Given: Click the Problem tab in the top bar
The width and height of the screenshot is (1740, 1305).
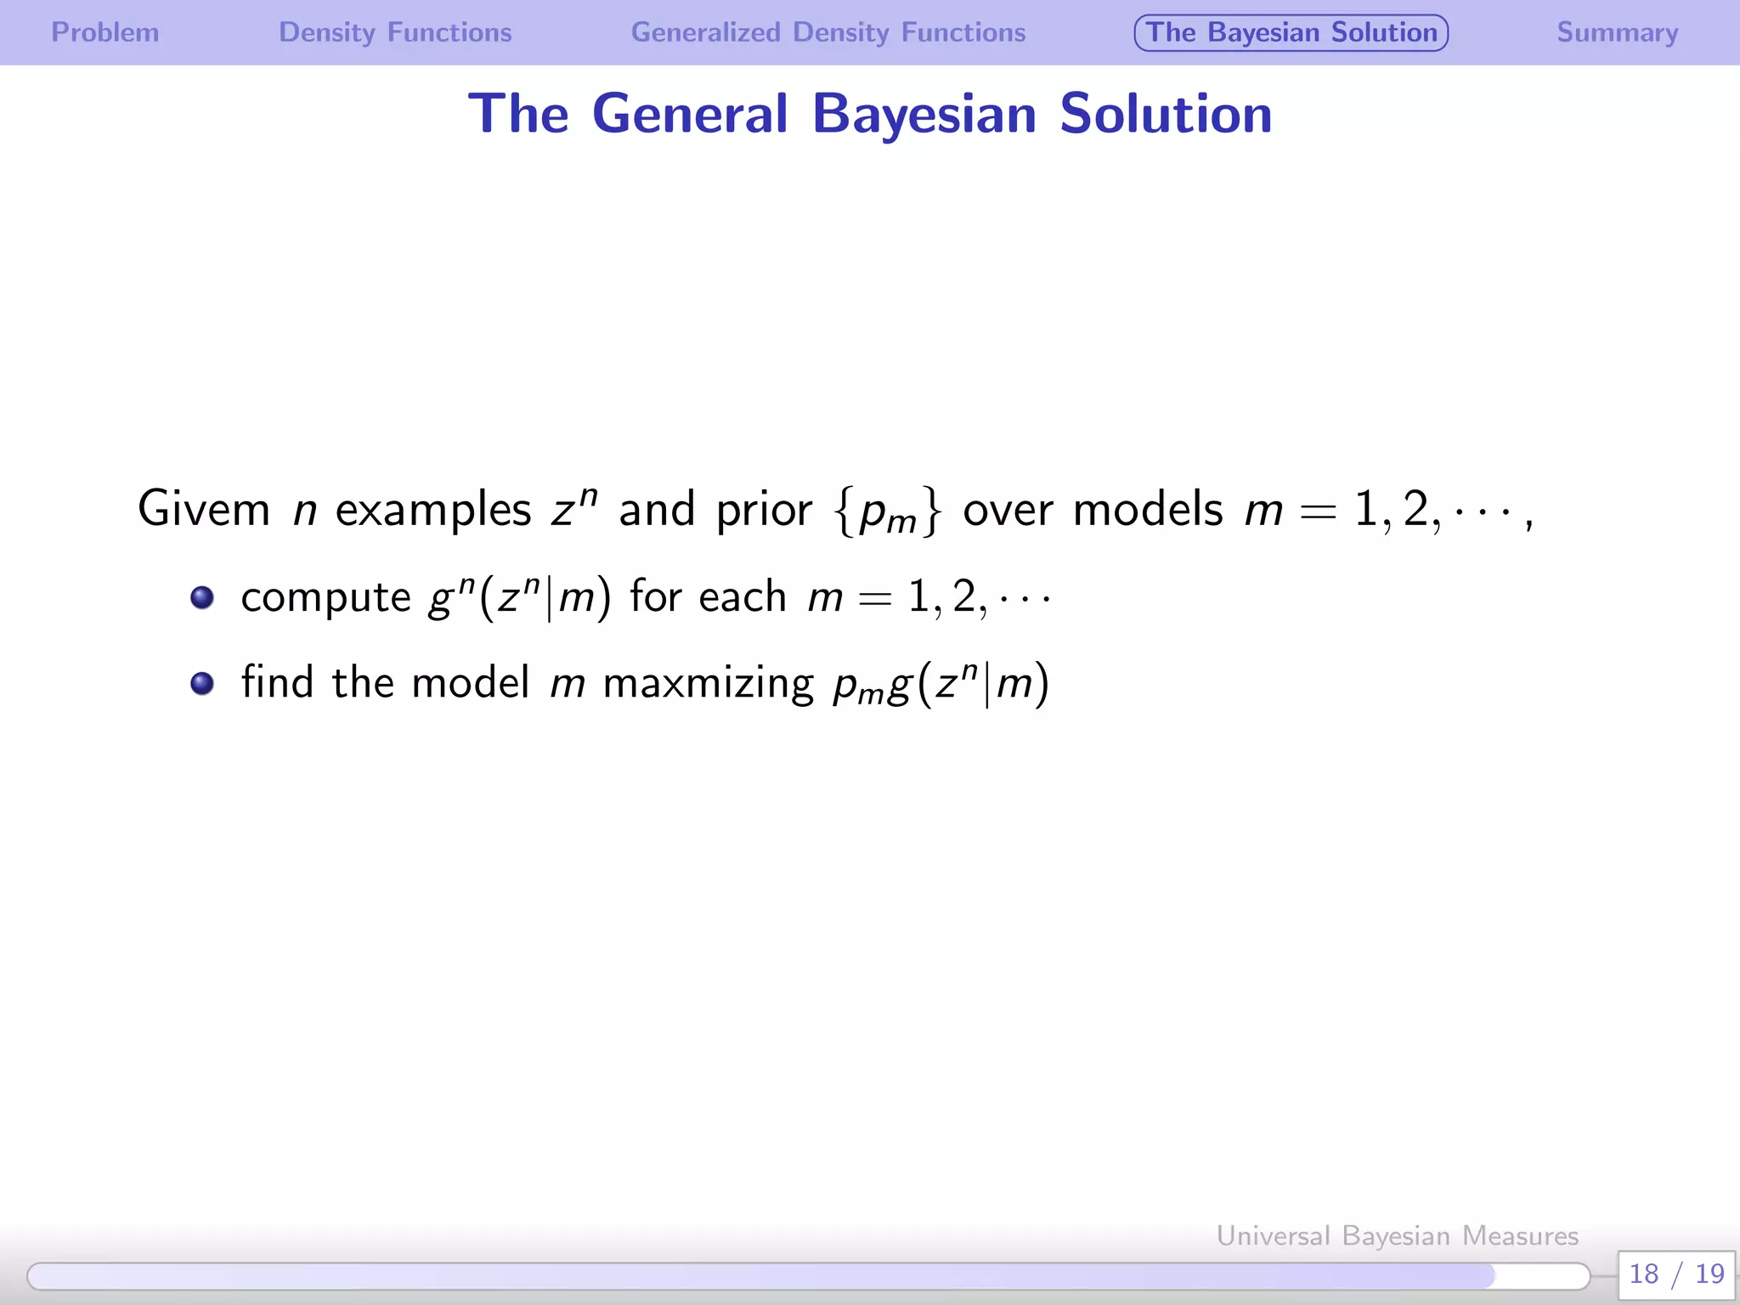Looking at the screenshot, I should coord(105,32).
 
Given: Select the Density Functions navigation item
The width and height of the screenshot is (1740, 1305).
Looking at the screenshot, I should coord(395,32).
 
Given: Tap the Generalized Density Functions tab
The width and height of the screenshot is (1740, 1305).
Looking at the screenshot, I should coord(828,32).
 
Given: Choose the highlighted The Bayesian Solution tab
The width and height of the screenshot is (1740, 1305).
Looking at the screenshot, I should coord(1291,32).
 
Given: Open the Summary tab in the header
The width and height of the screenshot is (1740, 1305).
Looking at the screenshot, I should coord(1617,32).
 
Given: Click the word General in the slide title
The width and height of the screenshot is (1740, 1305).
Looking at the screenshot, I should coord(690,114).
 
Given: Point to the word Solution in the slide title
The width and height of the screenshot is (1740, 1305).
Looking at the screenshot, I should coord(1166,114).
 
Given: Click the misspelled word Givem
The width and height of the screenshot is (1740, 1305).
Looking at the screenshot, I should coord(204,510).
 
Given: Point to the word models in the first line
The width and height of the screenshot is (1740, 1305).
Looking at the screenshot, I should coord(1148,510).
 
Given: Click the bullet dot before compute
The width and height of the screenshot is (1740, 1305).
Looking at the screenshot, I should coord(202,597).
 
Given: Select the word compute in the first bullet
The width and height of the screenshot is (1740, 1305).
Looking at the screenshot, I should coord(325,598).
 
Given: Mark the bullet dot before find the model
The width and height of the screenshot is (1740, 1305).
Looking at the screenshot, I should coord(202,683).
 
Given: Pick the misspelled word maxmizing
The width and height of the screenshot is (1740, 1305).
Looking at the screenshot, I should coord(709,683).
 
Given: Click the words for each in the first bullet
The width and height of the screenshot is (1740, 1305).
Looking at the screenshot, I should coord(708,596).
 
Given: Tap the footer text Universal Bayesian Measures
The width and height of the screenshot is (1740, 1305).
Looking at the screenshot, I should coord(1397,1235).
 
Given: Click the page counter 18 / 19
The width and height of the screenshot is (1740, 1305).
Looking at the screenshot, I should coord(1676,1274).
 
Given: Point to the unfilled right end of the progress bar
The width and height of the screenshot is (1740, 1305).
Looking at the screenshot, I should coord(1542,1275).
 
